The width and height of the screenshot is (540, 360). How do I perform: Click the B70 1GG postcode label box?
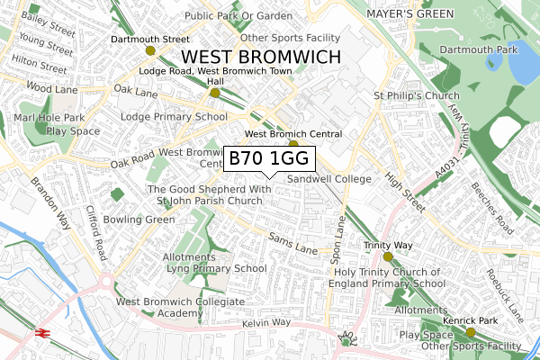tap(269, 158)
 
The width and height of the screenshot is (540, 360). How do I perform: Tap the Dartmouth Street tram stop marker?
tap(150, 51)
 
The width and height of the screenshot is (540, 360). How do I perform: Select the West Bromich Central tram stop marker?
tap(293, 144)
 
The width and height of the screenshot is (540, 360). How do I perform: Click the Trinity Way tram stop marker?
tap(388, 256)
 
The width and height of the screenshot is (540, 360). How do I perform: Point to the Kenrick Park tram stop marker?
tap(470, 332)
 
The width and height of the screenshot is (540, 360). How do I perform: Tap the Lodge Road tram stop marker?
tap(214, 93)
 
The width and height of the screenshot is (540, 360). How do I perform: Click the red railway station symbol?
tap(42, 332)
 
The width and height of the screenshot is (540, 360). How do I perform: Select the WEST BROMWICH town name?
tap(264, 57)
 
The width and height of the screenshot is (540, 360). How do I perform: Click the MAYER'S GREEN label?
tap(409, 14)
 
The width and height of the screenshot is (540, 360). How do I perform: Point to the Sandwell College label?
tap(328, 179)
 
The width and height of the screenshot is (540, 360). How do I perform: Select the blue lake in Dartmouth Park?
tap(519, 67)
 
